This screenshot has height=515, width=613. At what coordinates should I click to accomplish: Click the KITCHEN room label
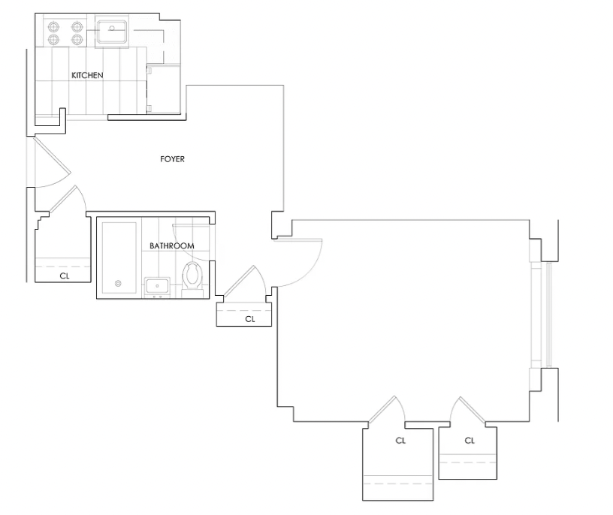[x=87, y=75]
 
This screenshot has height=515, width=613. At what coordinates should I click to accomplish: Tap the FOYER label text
[x=173, y=159]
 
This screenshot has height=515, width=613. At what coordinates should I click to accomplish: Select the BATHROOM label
[x=172, y=245]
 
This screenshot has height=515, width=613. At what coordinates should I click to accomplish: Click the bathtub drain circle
[x=118, y=284]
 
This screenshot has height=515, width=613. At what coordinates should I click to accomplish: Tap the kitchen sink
[x=112, y=32]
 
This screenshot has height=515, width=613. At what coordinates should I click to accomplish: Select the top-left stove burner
[x=53, y=27]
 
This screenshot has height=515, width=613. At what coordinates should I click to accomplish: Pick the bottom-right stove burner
[x=77, y=39]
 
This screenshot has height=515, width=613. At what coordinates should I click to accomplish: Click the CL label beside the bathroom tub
[x=65, y=276]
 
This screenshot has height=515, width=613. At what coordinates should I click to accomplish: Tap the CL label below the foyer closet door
[x=250, y=319]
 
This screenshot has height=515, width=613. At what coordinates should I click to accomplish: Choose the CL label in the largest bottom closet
[x=400, y=441]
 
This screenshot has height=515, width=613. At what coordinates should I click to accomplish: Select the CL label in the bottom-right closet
[x=470, y=441]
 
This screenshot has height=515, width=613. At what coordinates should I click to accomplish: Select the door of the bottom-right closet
[x=467, y=411]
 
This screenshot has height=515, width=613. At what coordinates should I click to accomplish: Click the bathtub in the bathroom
[x=119, y=258]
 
